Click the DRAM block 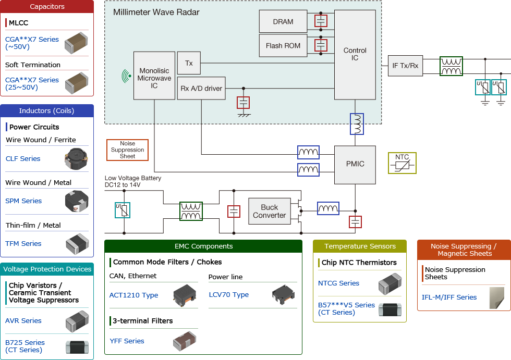coord(283,22)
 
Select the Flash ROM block coord(283,46)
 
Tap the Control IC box coord(355,54)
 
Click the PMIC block coord(355,164)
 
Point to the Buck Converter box coord(269,211)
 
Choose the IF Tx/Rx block coord(405,66)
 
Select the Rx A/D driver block coord(201,89)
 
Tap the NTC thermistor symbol coord(402,163)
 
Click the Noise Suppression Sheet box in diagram coord(127,150)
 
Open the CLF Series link coord(23,159)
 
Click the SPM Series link coord(23,201)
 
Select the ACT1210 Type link coord(133,295)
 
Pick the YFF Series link coord(127,341)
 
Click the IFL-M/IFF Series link coord(449,297)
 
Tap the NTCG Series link coord(338,283)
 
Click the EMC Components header coord(203,246)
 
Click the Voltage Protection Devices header coord(47,269)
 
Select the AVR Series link coord(23,321)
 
